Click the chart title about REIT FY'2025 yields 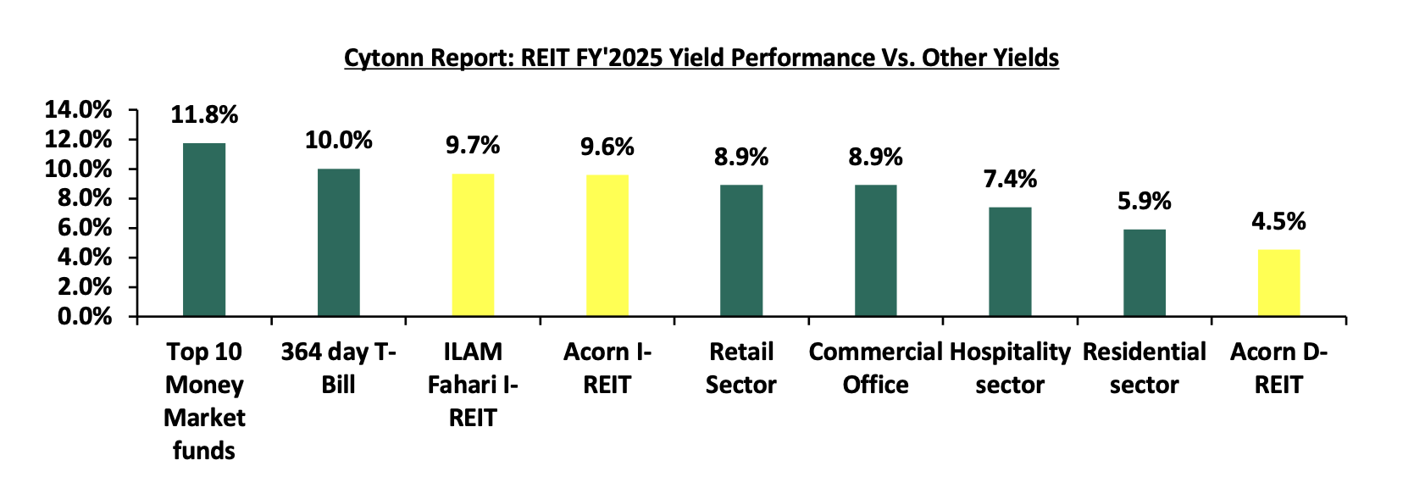(x=701, y=58)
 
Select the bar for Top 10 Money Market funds (x=204, y=230)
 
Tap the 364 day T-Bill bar (x=338, y=242)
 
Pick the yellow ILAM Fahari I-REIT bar (x=474, y=245)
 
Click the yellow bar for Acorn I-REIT (x=607, y=246)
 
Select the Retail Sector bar (x=742, y=251)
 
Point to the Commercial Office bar (x=876, y=251)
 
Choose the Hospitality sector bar (x=1010, y=262)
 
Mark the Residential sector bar (x=1145, y=273)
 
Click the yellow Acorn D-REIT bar (x=1279, y=283)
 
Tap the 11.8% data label (x=204, y=115)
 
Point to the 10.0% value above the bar (x=338, y=141)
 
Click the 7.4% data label (x=1010, y=180)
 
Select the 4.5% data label (x=1278, y=221)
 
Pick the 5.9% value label (x=1145, y=201)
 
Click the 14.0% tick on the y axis (x=78, y=110)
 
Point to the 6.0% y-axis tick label (x=85, y=228)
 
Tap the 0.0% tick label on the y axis (x=85, y=316)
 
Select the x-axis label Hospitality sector (x=1010, y=369)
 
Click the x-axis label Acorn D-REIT (x=1278, y=369)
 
